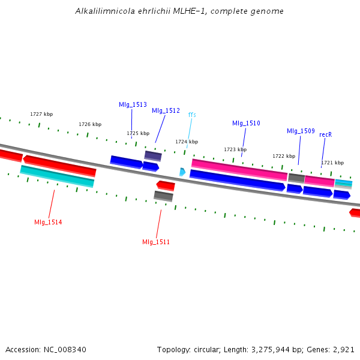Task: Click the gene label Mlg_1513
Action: click(133, 104)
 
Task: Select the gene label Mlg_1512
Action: click(166, 110)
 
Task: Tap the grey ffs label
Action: click(192, 115)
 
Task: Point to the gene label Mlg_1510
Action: click(246, 123)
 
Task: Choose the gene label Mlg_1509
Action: click(301, 131)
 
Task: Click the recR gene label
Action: click(326, 134)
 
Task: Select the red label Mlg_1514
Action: click(48, 222)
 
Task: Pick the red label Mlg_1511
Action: click(156, 242)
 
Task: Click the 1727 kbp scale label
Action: click(41, 114)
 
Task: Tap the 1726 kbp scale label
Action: click(90, 124)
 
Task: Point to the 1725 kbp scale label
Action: click(138, 133)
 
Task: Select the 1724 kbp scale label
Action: click(187, 142)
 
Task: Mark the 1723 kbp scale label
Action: click(235, 149)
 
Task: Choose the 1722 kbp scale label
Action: click(284, 156)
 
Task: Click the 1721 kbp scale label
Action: click(332, 163)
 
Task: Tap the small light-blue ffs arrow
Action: click(182, 172)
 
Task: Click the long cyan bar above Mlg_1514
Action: click(57, 176)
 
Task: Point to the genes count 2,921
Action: click(344, 349)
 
